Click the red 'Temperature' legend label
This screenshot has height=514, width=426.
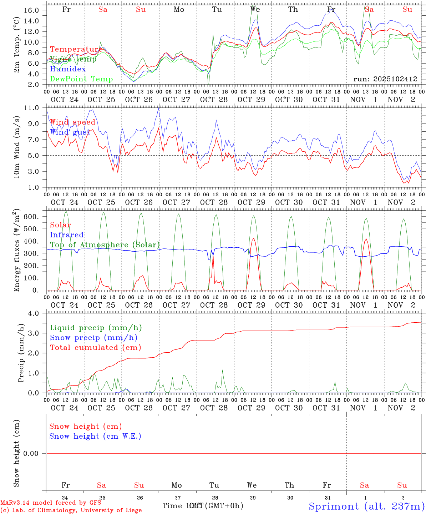pyautogui.click(x=76, y=49)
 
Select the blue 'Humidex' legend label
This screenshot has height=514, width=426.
pyautogui.click(x=68, y=69)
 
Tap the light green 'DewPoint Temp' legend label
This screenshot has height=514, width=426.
pyautogui.click(x=81, y=79)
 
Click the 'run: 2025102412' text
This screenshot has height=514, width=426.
pyautogui.click(x=385, y=79)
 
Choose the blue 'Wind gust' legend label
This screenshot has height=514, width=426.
pyautogui.click(x=70, y=132)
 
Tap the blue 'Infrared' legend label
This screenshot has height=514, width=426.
pyautogui.click(x=67, y=235)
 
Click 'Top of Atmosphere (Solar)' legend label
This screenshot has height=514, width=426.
pyautogui.click(x=105, y=245)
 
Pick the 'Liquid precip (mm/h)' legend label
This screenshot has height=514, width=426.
pyautogui.click(x=96, y=328)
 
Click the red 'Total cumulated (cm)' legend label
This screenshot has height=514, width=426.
pyautogui.click(x=96, y=347)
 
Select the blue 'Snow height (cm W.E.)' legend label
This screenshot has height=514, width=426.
pyautogui.click(x=95, y=436)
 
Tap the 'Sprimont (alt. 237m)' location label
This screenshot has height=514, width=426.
pyautogui.click(x=366, y=506)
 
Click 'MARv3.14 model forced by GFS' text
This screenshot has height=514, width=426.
pyautogui.click(x=51, y=503)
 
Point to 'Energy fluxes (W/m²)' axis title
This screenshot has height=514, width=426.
pyautogui.click(x=17, y=251)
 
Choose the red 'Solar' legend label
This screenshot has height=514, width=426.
pyautogui.click(x=60, y=225)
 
